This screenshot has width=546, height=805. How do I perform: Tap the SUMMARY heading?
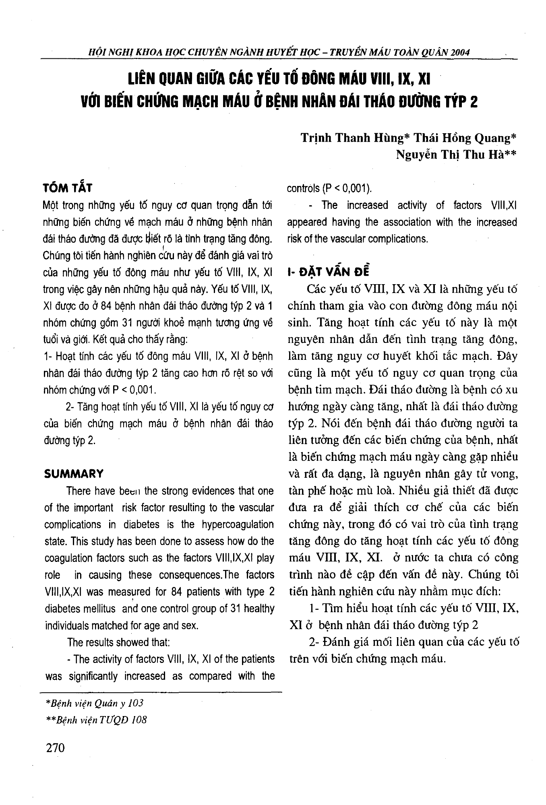click(74, 473)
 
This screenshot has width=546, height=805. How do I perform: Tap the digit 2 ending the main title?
click(474, 101)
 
